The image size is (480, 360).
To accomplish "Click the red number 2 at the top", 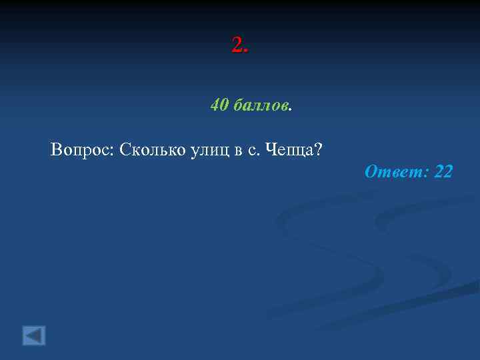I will click(237, 45).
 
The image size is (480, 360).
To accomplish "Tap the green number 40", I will click(219, 105).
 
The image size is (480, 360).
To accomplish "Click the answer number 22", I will click(443, 172).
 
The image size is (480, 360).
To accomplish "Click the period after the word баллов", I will click(291, 109).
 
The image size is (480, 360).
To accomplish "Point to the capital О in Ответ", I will click(371, 172).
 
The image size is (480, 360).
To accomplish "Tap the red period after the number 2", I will click(246, 51).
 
